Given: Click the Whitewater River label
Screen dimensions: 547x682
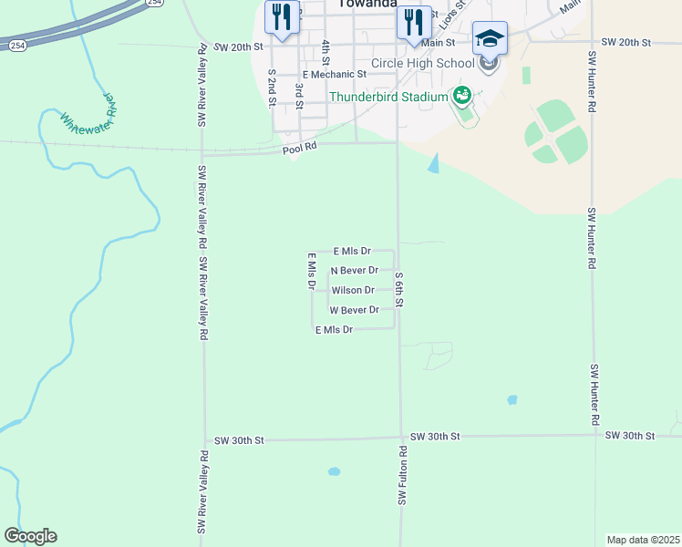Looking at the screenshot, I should [87, 114].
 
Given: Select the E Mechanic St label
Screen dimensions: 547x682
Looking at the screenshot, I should [335, 74].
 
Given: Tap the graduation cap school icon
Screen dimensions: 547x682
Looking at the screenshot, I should [490, 38].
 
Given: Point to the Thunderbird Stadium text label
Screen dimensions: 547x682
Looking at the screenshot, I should [388, 97].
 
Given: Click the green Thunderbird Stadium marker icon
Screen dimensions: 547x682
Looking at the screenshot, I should [462, 95].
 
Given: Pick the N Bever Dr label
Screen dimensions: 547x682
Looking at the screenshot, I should [354, 270].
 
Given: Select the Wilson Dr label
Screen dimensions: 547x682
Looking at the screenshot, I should [353, 290].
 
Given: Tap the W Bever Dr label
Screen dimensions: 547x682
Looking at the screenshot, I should [354, 310].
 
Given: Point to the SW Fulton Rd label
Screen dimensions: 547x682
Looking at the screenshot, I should [401, 475].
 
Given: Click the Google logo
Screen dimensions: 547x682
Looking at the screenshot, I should [30, 536].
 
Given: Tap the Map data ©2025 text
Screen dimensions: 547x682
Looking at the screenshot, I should [643, 540].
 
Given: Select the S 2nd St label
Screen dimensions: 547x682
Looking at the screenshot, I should [271, 88].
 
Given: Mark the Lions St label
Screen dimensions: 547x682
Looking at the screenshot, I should [457, 17].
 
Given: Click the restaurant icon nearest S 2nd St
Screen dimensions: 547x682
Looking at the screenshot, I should [281, 17].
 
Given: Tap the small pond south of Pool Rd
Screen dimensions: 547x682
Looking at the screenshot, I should [433, 163].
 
